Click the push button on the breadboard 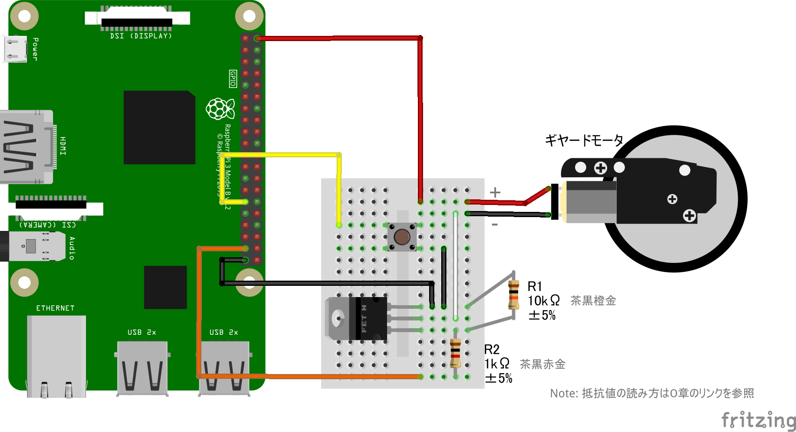402,237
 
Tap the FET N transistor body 367,319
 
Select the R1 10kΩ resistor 513,294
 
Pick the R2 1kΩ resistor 455,353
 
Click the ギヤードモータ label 584,141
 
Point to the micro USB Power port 15,48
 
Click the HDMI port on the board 26,147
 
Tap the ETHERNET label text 55,308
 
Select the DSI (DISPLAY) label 141,36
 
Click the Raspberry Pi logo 220,109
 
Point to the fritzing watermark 758,419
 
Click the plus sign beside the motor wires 495,192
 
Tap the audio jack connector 30,246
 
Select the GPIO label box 233,79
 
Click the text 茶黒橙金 593,301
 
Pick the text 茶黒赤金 542,364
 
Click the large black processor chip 159,127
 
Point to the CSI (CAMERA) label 48,225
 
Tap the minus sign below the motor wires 495,224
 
